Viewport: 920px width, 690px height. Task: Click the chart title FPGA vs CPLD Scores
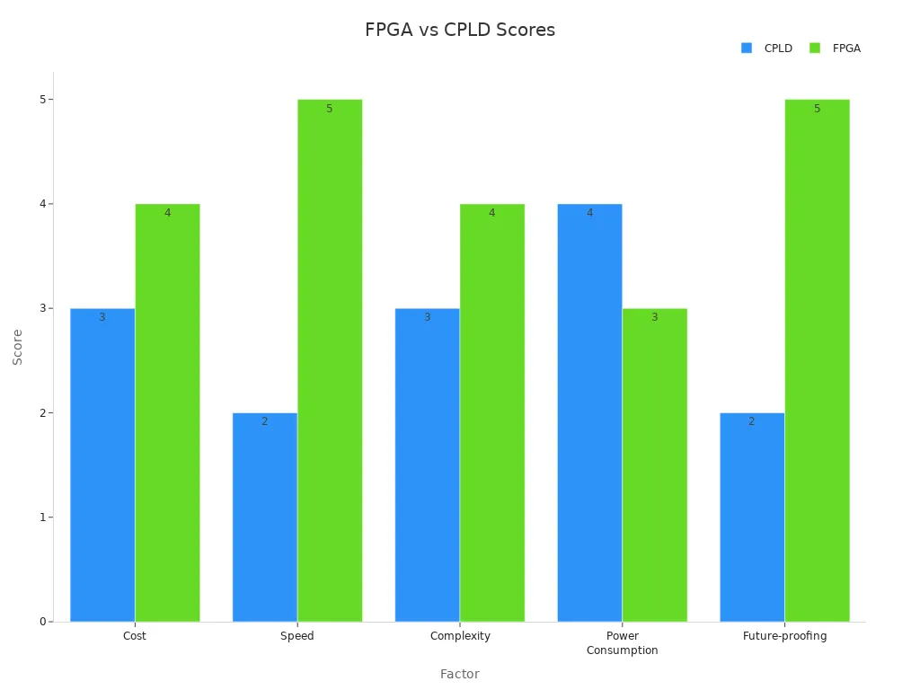pyautogui.click(x=460, y=30)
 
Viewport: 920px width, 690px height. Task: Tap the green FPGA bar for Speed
pyautogui.click(x=330, y=360)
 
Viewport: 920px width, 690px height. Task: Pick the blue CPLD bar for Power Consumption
pyautogui.click(x=589, y=412)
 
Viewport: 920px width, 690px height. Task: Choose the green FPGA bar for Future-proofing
pyautogui.click(x=817, y=360)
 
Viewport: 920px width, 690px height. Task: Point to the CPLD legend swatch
pyautogui.click(x=747, y=49)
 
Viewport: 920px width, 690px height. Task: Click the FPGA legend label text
pyautogui.click(x=846, y=49)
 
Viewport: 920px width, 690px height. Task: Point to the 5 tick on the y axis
pyautogui.click(x=42, y=100)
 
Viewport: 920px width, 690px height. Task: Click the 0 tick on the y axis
pyautogui.click(x=42, y=622)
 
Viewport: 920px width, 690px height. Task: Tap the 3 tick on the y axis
pyautogui.click(x=42, y=308)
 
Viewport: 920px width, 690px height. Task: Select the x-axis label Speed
pyautogui.click(x=297, y=636)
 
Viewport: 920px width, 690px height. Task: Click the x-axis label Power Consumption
pyautogui.click(x=622, y=643)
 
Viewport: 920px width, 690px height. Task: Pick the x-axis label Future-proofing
pyautogui.click(x=784, y=636)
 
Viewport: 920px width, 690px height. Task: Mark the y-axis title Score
pyautogui.click(x=18, y=347)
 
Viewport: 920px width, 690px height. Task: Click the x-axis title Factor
pyautogui.click(x=459, y=674)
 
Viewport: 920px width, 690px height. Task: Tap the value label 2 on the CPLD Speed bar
pyautogui.click(x=264, y=421)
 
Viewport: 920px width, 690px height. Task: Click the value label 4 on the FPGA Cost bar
pyautogui.click(x=167, y=213)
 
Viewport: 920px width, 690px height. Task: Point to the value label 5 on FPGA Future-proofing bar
pyautogui.click(x=817, y=109)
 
